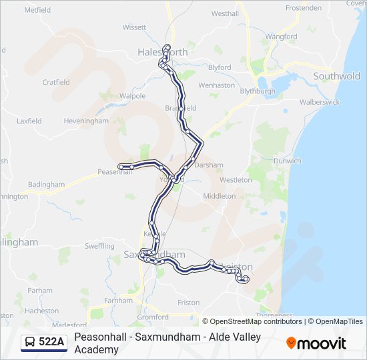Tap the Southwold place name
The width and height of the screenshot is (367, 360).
(x=336, y=77)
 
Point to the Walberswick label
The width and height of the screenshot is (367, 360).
(x=320, y=102)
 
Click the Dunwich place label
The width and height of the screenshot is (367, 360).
(x=288, y=161)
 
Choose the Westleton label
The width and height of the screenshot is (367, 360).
(x=236, y=180)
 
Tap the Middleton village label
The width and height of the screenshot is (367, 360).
(x=219, y=196)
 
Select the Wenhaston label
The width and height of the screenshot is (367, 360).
(x=217, y=85)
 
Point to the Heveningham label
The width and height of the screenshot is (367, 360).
(x=85, y=121)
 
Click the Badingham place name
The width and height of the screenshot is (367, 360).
(x=46, y=185)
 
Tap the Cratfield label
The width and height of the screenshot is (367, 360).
(x=56, y=83)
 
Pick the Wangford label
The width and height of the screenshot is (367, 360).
(x=280, y=37)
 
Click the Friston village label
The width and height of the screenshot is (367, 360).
(x=189, y=303)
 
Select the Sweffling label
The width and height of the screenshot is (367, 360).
(x=99, y=246)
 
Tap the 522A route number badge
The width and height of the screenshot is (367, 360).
(x=51, y=342)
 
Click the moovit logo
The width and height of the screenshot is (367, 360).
(x=316, y=343)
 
